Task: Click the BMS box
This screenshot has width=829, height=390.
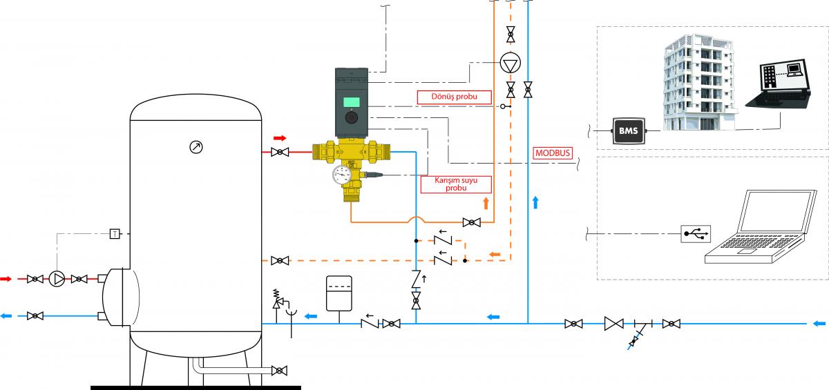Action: pyautogui.click(x=629, y=130)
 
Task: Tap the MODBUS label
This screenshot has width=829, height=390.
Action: pyautogui.click(x=553, y=153)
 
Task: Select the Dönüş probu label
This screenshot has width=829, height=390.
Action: pyautogui.click(x=454, y=97)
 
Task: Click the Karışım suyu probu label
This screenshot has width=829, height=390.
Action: pyautogui.click(x=456, y=184)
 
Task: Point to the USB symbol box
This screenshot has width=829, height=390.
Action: pyautogui.click(x=696, y=233)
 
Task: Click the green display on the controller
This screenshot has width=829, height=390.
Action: pyautogui.click(x=351, y=102)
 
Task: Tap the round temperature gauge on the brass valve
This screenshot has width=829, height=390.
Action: pyautogui.click(x=341, y=175)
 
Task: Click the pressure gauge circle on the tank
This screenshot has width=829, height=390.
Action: pyautogui.click(x=196, y=147)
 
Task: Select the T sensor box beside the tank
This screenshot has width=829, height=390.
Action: pyautogui.click(x=115, y=233)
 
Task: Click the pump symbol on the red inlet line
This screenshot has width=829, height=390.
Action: pyautogui.click(x=57, y=279)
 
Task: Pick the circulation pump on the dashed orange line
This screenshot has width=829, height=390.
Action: pyautogui.click(x=511, y=64)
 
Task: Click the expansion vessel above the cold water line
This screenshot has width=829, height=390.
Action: pyautogui.click(x=339, y=293)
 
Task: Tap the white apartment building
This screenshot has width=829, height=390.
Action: pyautogui.click(x=698, y=82)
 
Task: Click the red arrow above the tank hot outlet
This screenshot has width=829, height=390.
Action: pyautogui.click(x=280, y=138)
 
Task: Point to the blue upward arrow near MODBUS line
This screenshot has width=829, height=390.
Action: pyautogui.click(x=535, y=202)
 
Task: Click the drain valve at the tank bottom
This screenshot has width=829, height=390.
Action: pyautogui.click(x=279, y=371)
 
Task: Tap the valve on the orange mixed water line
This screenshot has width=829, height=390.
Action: pyautogui.click(x=472, y=222)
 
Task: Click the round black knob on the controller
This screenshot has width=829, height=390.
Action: pyautogui.click(x=351, y=118)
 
